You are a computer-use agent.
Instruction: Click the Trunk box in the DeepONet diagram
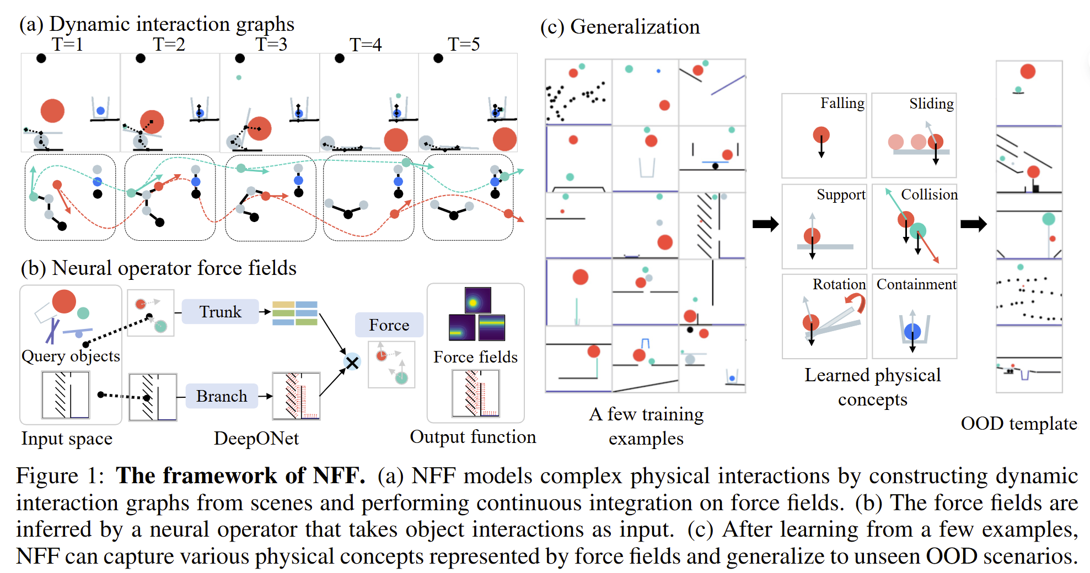(x=220, y=312)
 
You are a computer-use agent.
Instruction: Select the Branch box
(x=222, y=396)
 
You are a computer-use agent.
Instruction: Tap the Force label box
(x=389, y=325)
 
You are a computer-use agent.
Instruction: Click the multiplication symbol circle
(x=352, y=362)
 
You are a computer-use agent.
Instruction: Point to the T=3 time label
(x=271, y=44)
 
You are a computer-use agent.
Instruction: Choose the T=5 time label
(x=464, y=44)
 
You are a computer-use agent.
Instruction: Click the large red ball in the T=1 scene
(x=52, y=111)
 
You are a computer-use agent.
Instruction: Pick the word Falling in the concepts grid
(x=842, y=104)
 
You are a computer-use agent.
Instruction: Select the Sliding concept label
(x=931, y=104)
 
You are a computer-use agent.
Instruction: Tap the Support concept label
(x=841, y=194)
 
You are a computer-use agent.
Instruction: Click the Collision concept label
(x=929, y=194)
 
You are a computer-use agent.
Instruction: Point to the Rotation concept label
(x=839, y=284)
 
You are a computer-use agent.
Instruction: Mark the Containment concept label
(x=916, y=284)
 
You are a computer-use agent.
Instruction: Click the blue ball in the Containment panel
(x=912, y=332)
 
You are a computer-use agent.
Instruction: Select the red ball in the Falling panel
(x=821, y=134)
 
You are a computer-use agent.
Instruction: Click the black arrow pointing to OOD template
(x=973, y=224)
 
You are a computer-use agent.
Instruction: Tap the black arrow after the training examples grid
(x=765, y=224)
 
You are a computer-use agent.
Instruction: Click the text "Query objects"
(x=71, y=356)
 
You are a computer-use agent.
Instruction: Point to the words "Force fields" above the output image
(x=475, y=357)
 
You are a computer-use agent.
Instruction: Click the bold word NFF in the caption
(x=339, y=476)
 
